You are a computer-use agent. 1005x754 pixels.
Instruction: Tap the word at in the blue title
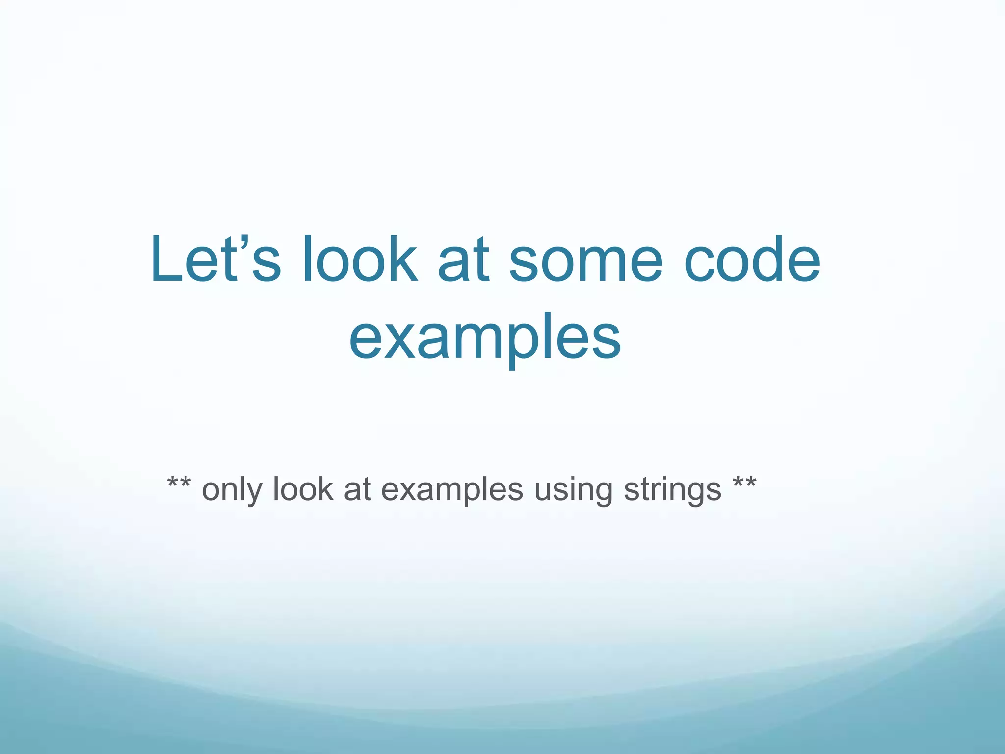pos(463,260)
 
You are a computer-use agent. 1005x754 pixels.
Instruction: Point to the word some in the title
pos(586,260)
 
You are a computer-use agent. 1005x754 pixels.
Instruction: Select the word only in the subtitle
pos(231,490)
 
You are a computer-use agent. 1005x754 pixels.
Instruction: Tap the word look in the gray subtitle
pos(302,489)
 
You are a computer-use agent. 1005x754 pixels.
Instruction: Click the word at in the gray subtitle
pos(357,490)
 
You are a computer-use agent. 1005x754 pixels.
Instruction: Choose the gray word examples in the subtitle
pos(452,490)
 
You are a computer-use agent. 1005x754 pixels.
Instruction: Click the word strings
pos(672,490)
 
